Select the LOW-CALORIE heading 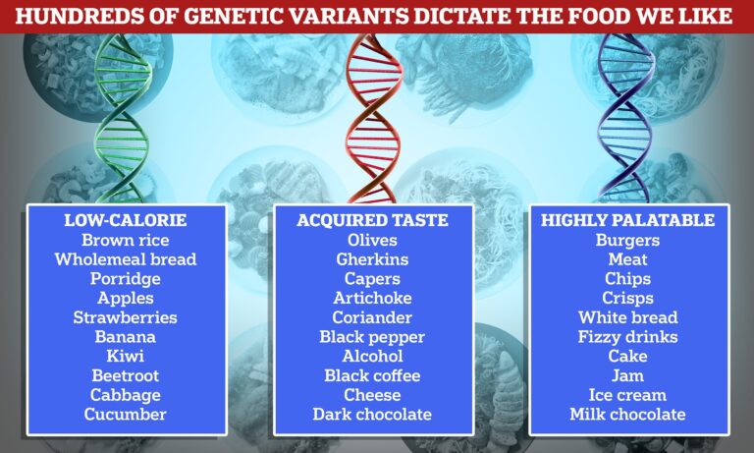[x=125, y=220]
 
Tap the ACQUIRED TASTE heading [x=372, y=220]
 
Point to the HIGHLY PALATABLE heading [x=627, y=220]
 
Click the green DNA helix [x=122, y=118]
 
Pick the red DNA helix [x=372, y=118]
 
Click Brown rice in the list [x=125, y=240]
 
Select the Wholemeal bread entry [x=125, y=259]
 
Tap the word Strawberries [x=125, y=317]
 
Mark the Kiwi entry [x=125, y=356]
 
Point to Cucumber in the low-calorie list [x=125, y=414]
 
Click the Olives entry [x=372, y=240]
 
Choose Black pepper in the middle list [x=372, y=337]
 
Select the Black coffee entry [x=372, y=375]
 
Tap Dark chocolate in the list [x=372, y=414]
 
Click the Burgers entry [x=627, y=240]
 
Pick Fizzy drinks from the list [x=627, y=337]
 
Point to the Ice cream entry [x=627, y=395]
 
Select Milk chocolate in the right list [x=627, y=414]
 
